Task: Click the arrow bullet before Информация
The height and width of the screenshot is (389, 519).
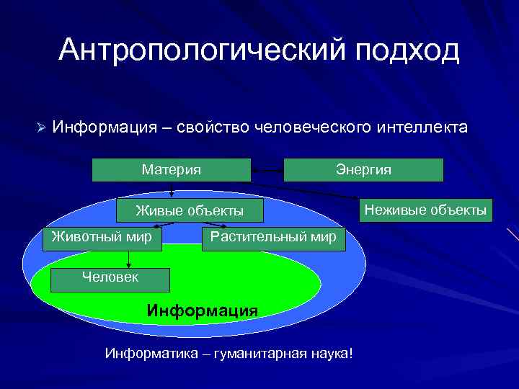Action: pyautogui.click(x=41, y=128)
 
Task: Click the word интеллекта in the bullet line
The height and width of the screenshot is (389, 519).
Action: pyautogui.click(x=423, y=128)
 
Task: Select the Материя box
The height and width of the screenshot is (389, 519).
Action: pyautogui.click(x=172, y=170)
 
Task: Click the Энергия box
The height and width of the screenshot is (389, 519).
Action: pyautogui.click(x=363, y=170)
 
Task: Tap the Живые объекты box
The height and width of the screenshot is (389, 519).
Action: pyautogui.click(x=190, y=211)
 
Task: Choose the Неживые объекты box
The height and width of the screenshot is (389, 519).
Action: pyautogui.click(x=425, y=210)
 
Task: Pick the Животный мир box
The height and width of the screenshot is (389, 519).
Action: pyautogui.click(x=102, y=236)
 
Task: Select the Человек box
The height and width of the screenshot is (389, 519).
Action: pyautogui.click(x=111, y=277)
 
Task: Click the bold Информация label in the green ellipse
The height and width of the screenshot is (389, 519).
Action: pyautogui.click(x=202, y=310)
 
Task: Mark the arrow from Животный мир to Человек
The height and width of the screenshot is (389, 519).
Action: pyautogui.click(x=128, y=256)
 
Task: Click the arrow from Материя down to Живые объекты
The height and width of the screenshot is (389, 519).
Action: pyautogui.click(x=172, y=190)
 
